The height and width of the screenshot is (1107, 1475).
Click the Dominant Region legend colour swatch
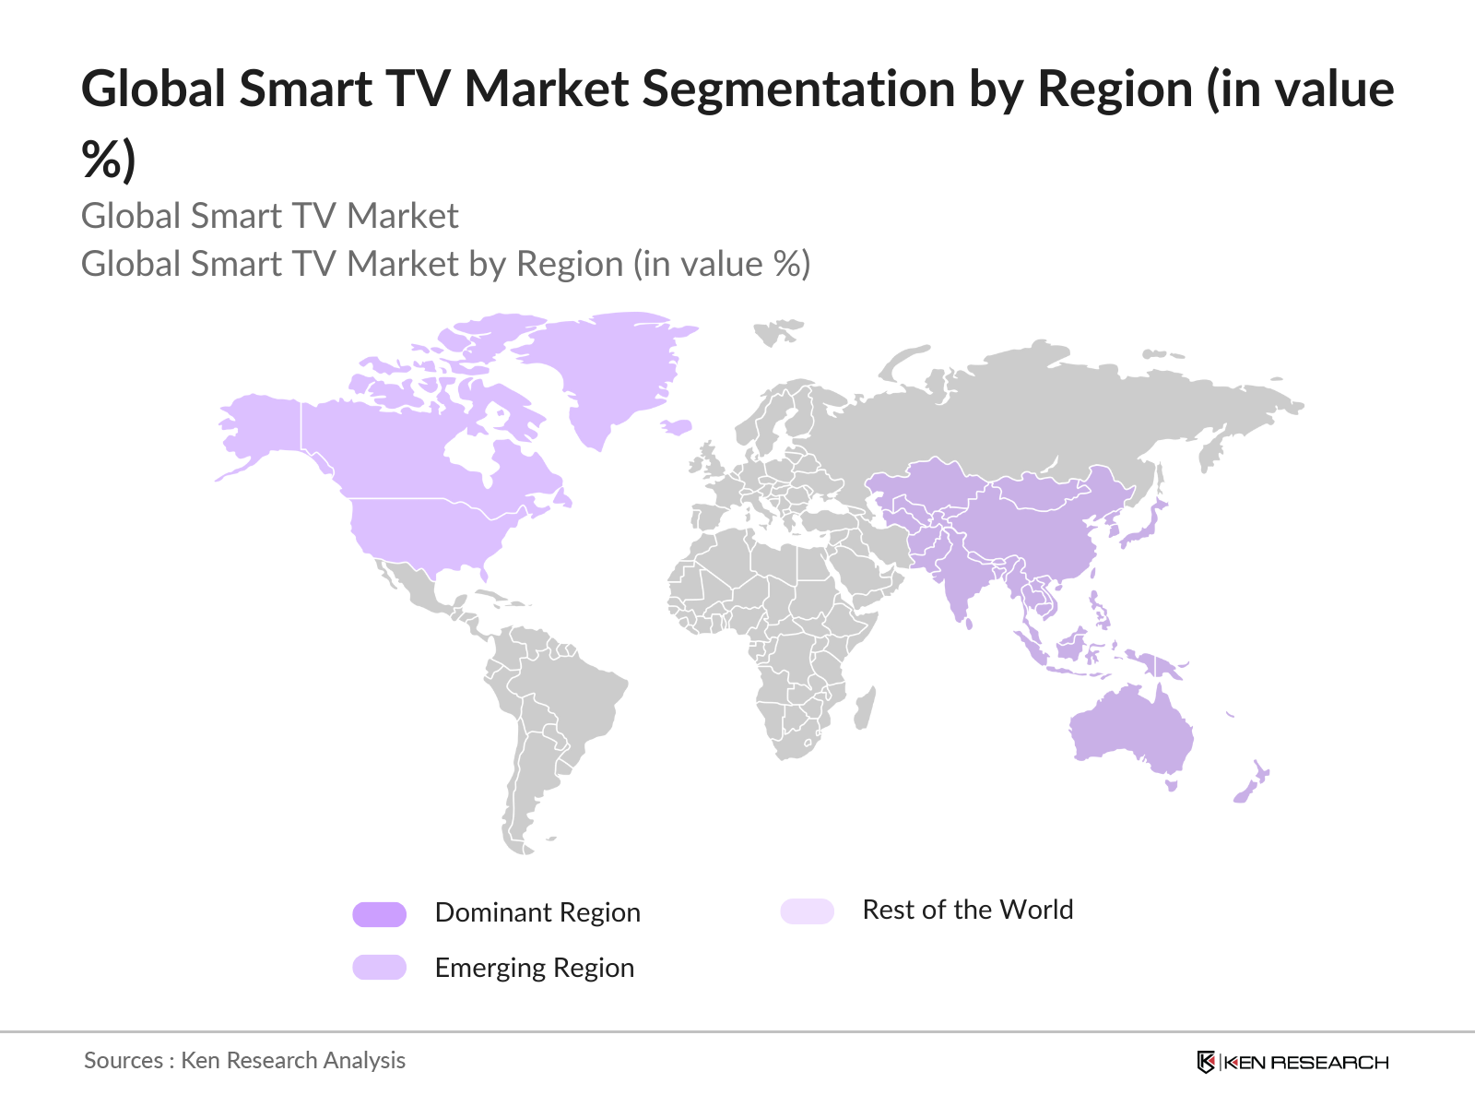coord(379,914)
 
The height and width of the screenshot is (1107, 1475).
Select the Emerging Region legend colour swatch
coord(379,968)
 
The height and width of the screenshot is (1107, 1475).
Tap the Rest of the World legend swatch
coord(807,911)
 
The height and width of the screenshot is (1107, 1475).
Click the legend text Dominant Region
coord(537,912)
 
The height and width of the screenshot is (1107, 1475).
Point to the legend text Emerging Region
coord(535,968)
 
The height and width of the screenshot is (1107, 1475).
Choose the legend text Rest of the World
coord(967,910)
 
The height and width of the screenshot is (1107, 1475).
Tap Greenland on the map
coord(608,369)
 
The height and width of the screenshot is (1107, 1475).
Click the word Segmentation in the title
coord(799,89)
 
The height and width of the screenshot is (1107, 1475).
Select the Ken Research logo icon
coord(1206,1062)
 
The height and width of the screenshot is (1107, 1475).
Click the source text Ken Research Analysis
coord(292,1061)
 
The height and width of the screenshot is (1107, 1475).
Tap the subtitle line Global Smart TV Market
coord(269,216)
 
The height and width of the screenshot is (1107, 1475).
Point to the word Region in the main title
coord(1115,89)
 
